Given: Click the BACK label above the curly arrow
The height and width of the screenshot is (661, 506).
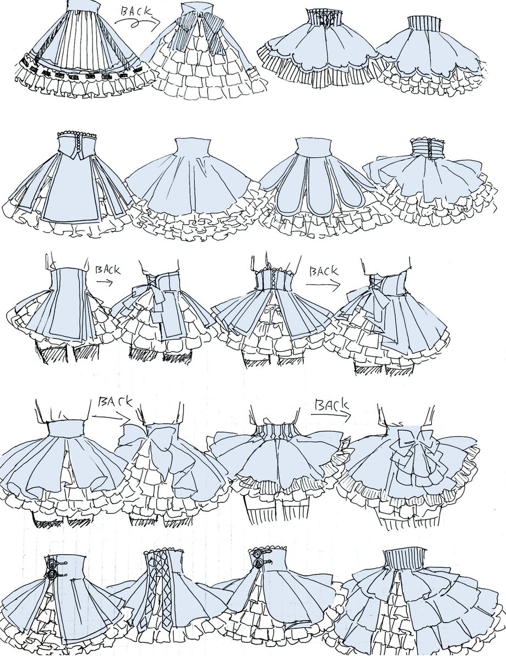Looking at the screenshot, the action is click(x=136, y=12).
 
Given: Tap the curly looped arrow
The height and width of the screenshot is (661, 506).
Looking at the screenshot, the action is click(x=137, y=22).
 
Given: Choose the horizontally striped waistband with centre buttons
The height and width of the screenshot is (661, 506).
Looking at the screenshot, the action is click(x=427, y=150).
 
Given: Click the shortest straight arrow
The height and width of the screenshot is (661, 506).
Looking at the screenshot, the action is click(x=105, y=282).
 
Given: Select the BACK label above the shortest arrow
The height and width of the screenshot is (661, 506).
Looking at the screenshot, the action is click(x=108, y=270).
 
